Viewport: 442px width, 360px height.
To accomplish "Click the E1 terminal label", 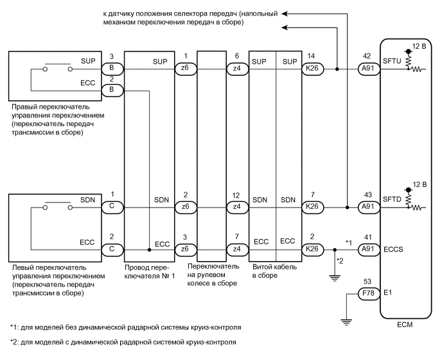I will [x=388, y=295].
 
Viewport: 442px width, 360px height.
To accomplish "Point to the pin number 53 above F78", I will [x=367, y=282].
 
